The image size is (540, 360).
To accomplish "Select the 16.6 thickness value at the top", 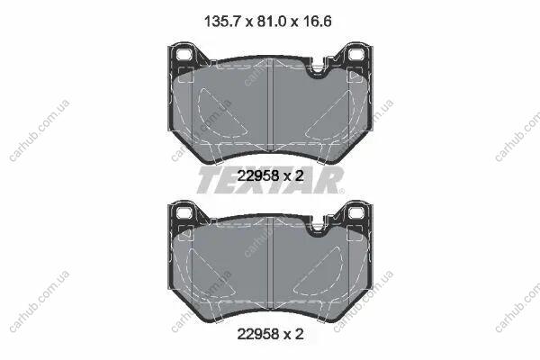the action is pos(317,22).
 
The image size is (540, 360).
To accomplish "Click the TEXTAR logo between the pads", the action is pos(270,180).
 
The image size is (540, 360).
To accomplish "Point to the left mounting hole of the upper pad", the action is pos(184,54).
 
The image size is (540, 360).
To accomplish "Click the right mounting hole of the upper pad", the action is pos(356,54).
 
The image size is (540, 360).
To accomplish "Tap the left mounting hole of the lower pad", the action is pos(184,212).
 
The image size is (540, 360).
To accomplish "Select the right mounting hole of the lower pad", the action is pos(356,212).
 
